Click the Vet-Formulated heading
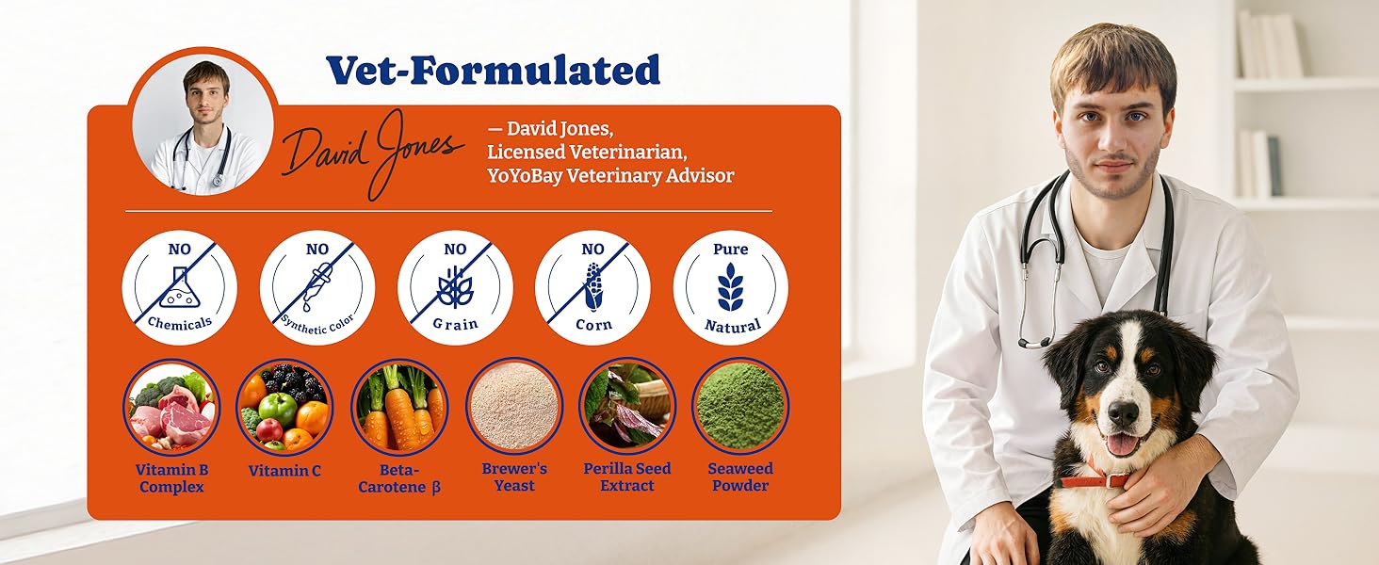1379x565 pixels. point(493,71)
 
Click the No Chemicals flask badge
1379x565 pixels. point(179,287)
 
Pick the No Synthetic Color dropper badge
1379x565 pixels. point(317,287)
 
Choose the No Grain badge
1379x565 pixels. point(455,287)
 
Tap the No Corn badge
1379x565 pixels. point(592,287)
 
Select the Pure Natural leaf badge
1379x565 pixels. point(730,287)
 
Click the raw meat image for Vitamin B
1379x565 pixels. point(171,407)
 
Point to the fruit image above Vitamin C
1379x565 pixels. point(284,407)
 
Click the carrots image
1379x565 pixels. point(399,407)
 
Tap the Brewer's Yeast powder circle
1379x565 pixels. point(514,406)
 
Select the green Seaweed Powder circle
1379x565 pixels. point(740,406)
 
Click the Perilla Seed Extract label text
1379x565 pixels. point(626,477)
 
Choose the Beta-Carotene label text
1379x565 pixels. point(399,477)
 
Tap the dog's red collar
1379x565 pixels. point(1093,480)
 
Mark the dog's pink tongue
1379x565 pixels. point(1122,444)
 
